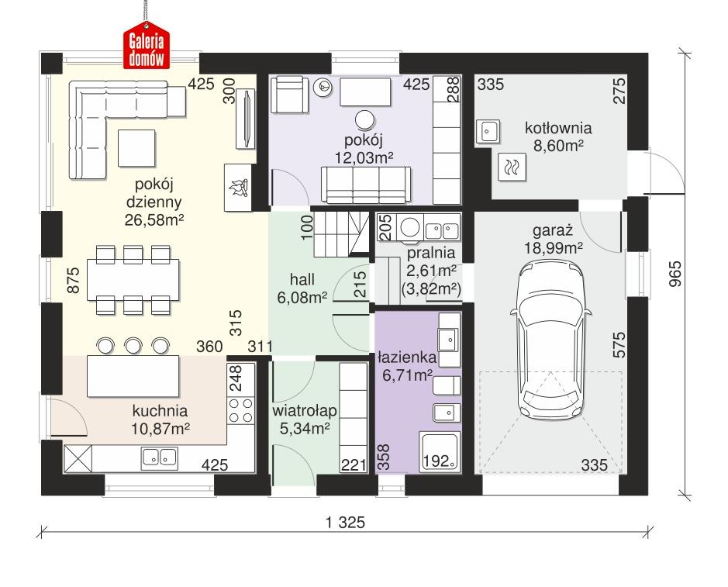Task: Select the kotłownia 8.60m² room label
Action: click(x=557, y=136)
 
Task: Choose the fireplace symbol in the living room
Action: click(x=238, y=187)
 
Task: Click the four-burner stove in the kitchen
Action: click(x=240, y=410)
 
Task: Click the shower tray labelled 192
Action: click(x=438, y=451)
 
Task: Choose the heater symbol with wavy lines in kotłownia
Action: click(x=511, y=165)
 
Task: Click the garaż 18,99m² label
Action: click(x=557, y=239)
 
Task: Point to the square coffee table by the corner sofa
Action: click(x=136, y=147)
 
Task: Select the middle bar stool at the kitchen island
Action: click(x=133, y=344)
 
